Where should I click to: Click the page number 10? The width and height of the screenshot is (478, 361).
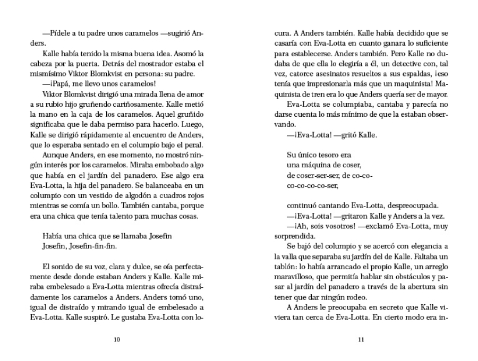pyautogui.click(x=117, y=340)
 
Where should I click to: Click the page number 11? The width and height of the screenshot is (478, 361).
pyautogui.click(x=361, y=340)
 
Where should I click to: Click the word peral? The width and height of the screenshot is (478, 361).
pyautogui.click(x=195, y=144)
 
